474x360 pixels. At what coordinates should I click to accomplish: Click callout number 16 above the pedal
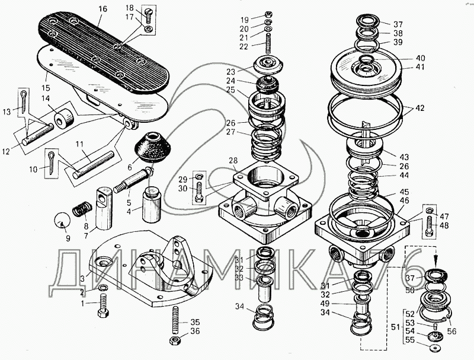point(103,9)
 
